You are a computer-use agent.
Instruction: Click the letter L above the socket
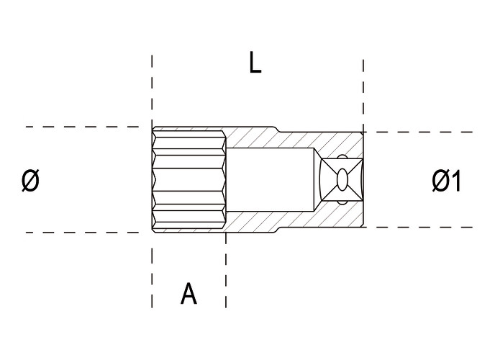[255, 63]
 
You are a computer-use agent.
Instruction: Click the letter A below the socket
[189, 294]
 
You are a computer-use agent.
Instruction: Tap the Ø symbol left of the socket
[31, 180]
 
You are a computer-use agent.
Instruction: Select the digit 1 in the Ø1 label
[455, 181]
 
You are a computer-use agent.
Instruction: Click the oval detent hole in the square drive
[342, 180]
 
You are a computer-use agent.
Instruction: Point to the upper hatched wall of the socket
[294, 139]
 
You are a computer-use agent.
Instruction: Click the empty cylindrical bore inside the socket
[271, 179]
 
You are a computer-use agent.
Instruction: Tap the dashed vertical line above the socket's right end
[363, 95]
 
